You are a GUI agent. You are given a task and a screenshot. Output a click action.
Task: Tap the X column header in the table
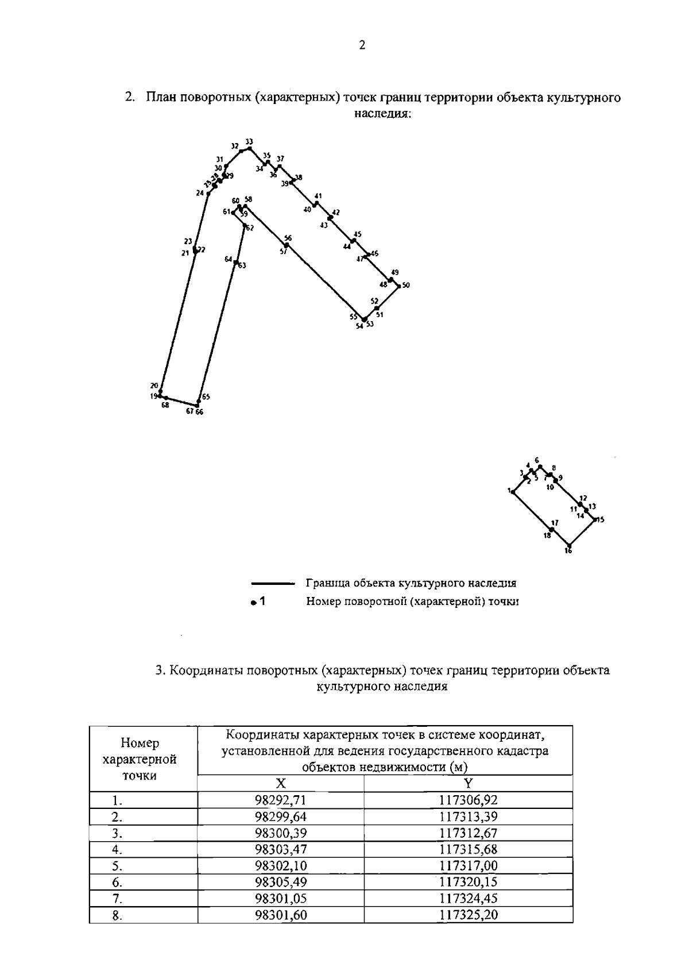point(281,783)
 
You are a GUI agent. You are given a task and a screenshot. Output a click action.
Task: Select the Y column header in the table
point(468,783)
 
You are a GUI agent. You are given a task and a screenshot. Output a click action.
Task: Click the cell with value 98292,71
point(281,800)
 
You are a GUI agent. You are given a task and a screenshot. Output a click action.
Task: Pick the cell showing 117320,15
point(468,882)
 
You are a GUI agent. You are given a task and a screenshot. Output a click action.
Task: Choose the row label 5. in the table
point(117,866)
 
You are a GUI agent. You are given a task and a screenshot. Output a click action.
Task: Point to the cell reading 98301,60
point(281,915)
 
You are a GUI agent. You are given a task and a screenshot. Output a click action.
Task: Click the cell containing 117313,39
point(468,816)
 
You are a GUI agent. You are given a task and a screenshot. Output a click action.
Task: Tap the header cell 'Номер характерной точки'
point(139,759)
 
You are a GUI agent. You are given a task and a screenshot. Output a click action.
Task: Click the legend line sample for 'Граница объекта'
point(273,584)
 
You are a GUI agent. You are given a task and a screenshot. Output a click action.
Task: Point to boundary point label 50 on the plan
point(406,285)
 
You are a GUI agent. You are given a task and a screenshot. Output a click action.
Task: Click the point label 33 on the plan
point(249,141)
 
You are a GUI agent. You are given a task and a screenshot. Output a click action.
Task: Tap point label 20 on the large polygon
point(154,386)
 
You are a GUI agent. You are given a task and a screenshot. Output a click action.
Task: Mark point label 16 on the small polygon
point(568,551)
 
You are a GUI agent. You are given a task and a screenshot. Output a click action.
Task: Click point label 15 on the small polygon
point(601,520)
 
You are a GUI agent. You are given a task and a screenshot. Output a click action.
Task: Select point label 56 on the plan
point(288,238)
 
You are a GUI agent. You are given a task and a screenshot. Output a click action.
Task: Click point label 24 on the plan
point(200,194)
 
